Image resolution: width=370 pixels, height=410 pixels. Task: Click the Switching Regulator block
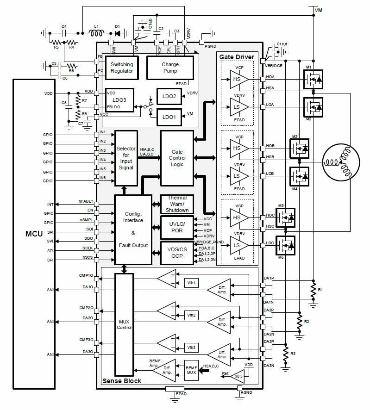122,68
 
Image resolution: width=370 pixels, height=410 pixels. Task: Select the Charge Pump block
170,68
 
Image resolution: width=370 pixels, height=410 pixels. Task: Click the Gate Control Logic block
177,158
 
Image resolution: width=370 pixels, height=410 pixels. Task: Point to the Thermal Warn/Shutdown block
177,204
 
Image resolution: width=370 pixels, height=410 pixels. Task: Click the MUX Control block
124,324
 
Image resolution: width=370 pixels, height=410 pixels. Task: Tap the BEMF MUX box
191,368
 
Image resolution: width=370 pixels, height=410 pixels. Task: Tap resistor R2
300,321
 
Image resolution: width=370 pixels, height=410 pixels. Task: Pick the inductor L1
97,32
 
